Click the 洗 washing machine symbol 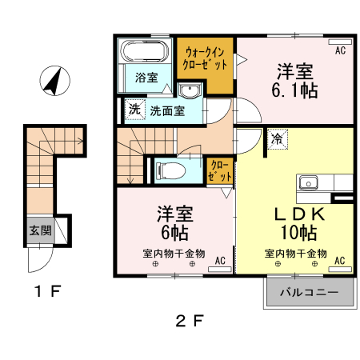point(133,106)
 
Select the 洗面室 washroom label point(167,111)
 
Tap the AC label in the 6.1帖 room point(339,50)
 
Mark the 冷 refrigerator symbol point(277,138)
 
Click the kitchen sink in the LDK point(309,182)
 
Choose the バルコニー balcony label point(308,293)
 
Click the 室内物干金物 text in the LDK point(296,253)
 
